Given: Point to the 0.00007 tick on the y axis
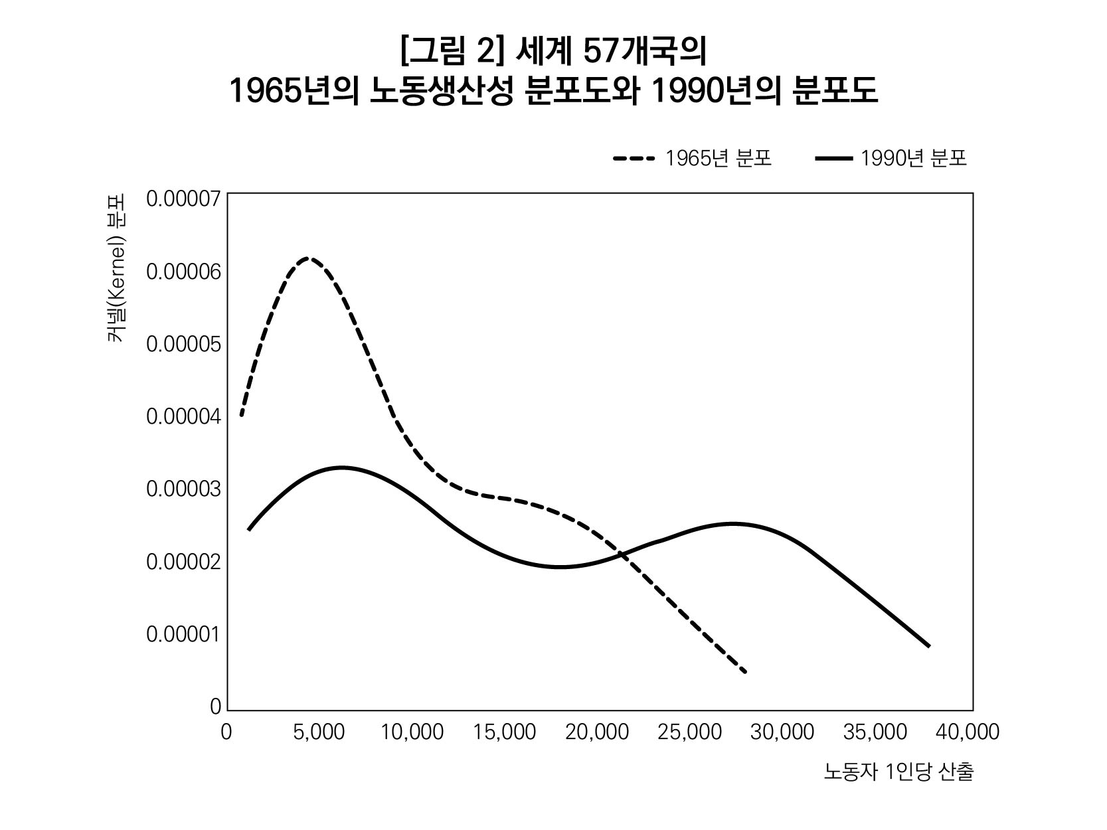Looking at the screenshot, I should coord(183,199).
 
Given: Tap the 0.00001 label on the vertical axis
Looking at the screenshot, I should coord(183,634).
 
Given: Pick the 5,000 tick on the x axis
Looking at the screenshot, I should coord(319,732).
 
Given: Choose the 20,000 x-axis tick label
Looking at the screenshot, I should coord(597,732).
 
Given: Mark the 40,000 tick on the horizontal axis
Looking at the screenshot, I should coord(968,732).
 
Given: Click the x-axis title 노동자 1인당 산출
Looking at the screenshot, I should coord(898,772).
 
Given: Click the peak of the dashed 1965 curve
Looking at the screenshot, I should coord(308,258).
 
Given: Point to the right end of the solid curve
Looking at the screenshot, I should coord(928,645).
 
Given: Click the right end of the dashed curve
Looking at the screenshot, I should coord(745,671).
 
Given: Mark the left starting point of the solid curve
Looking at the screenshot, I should coord(249,529).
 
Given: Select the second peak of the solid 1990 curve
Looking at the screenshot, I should coord(732,524).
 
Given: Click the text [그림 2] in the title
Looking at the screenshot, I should coord(449,52).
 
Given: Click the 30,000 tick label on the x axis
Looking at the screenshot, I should coord(782,732).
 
